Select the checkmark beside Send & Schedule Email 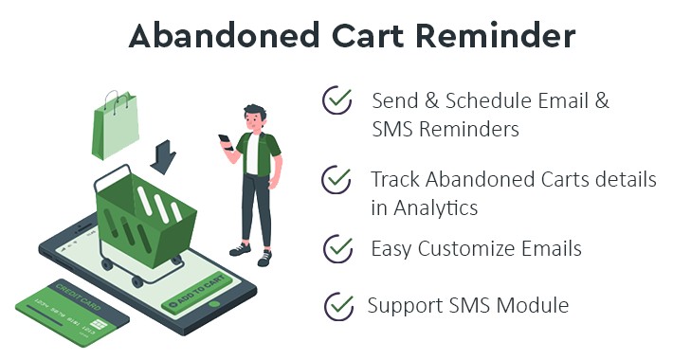click(x=336, y=99)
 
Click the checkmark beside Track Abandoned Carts click(x=336, y=178)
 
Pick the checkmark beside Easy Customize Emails click(x=336, y=248)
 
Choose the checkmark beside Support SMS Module click(x=337, y=306)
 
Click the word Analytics click(x=437, y=207)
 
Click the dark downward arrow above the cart click(x=163, y=156)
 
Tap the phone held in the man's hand click(x=226, y=139)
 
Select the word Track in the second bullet click(x=395, y=179)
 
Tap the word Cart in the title click(x=349, y=35)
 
